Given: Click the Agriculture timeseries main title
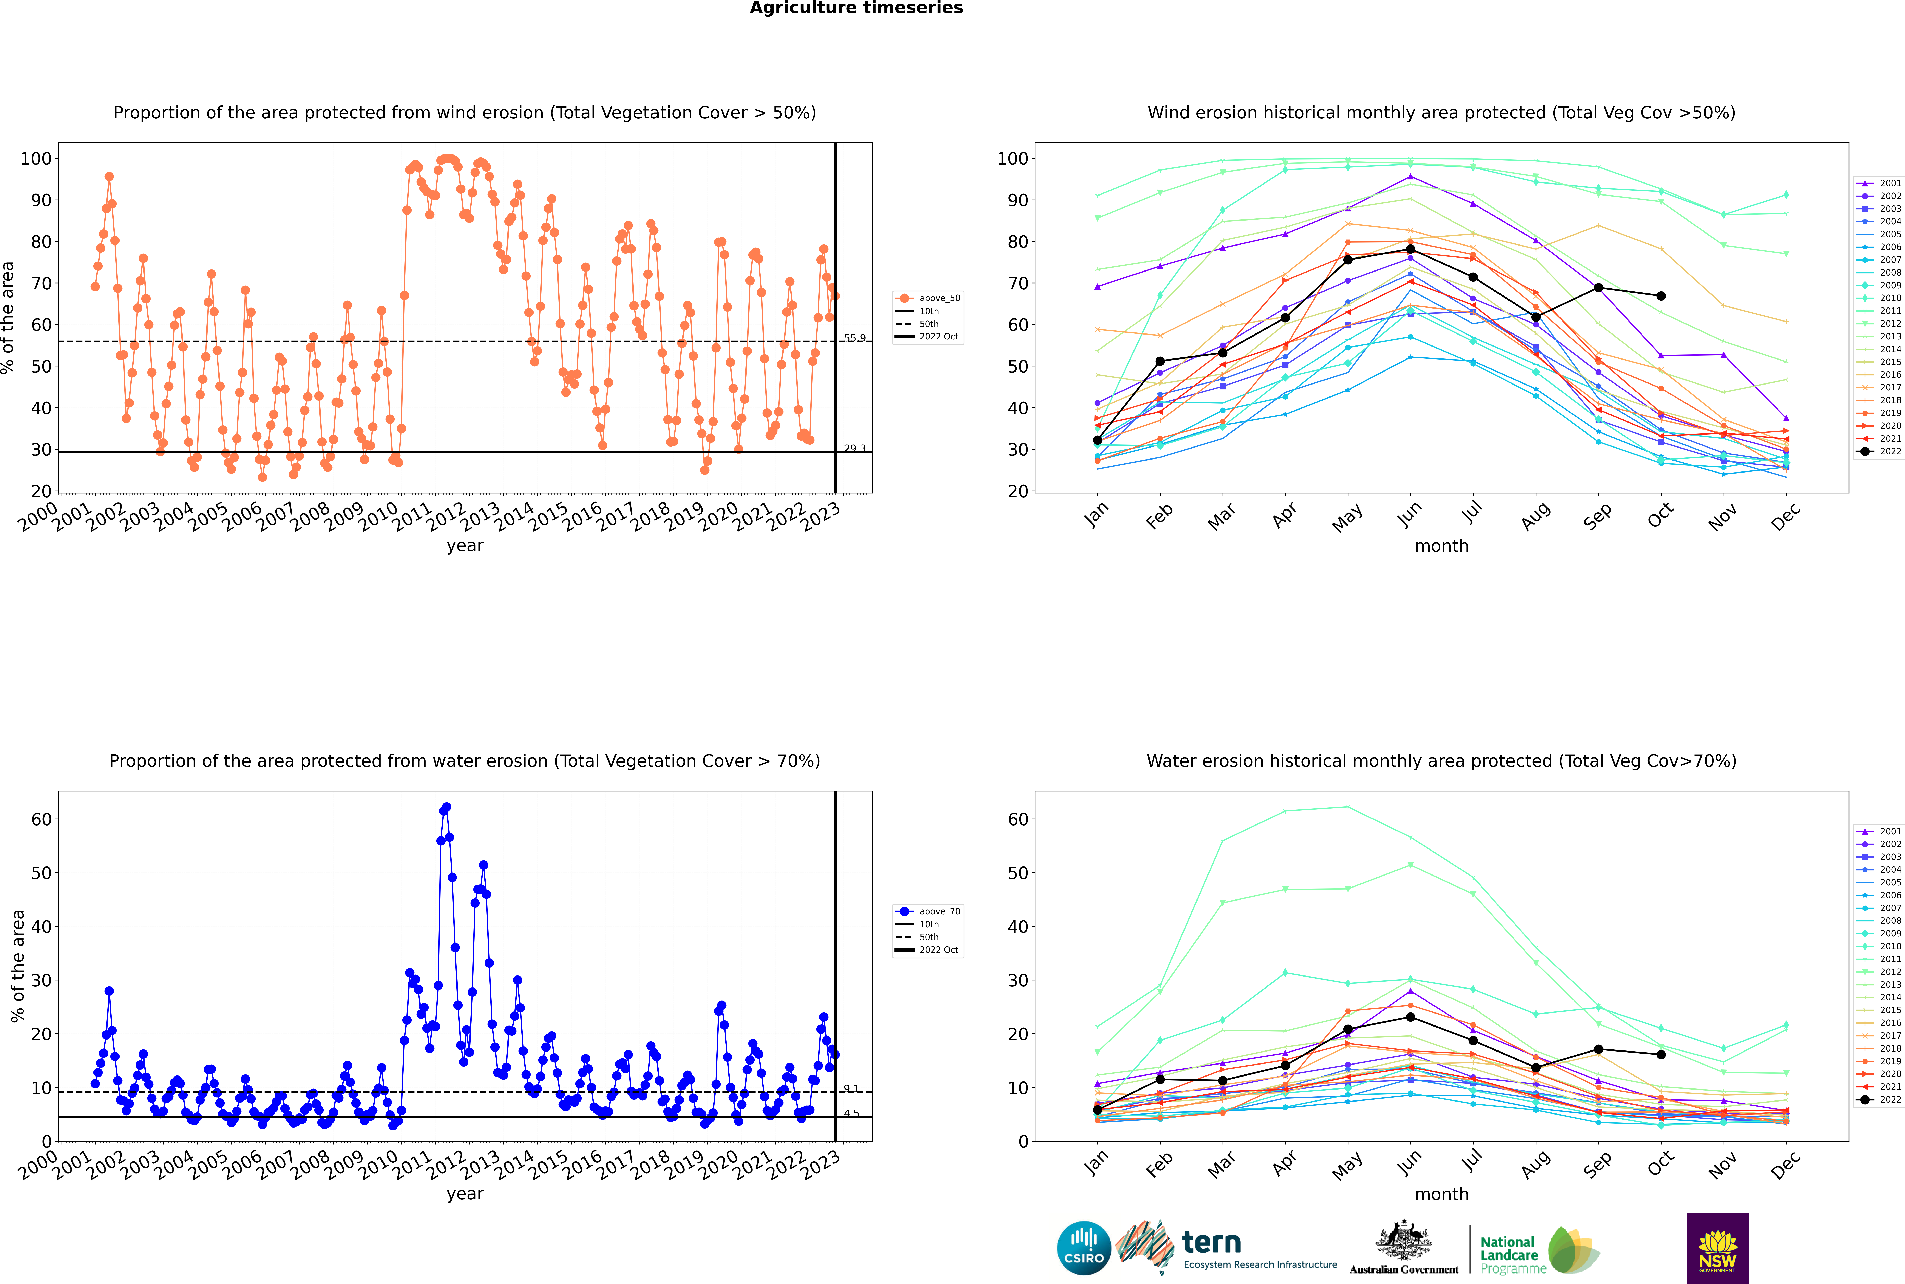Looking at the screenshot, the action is coord(856,8).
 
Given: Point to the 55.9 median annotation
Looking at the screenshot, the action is coord(854,337).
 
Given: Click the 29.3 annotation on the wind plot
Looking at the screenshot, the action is coord(854,448).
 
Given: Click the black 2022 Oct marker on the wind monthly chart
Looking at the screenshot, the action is coord(1661,296).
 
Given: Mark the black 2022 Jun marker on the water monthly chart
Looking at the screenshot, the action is coord(1410,1017).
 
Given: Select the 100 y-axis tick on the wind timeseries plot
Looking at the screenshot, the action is coord(36,159).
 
